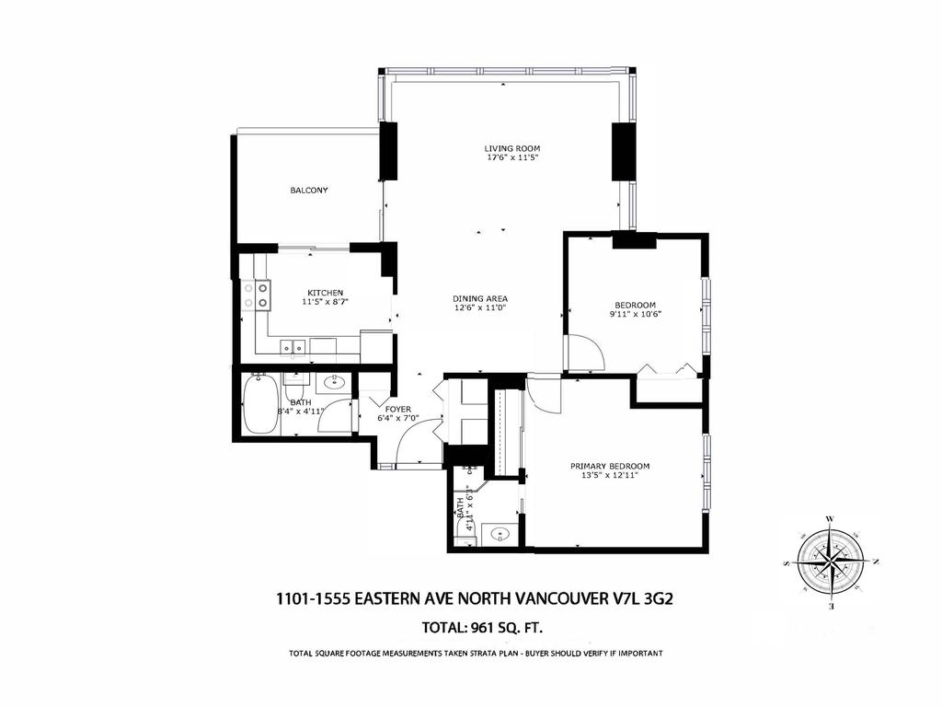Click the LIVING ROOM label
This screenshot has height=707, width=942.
click(x=511, y=147)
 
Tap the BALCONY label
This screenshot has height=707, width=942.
click(x=309, y=191)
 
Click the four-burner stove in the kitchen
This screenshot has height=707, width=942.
click(x=257, y=295)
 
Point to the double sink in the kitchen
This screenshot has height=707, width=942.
click(x=293, y=347)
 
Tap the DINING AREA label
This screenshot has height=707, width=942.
click(x=480, y=298)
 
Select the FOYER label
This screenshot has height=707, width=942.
click(x=398, y=409)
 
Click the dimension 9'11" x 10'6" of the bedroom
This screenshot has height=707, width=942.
click(x=635, y=315)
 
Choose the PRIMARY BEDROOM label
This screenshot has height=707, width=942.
click(x=609, y=465)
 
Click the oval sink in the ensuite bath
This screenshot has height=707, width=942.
click(x=501, y=533)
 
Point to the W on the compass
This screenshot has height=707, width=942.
click(x=831, y=519)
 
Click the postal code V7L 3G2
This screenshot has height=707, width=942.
click(x=649, y=598)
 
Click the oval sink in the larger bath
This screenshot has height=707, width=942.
click(x=334, y=381)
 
